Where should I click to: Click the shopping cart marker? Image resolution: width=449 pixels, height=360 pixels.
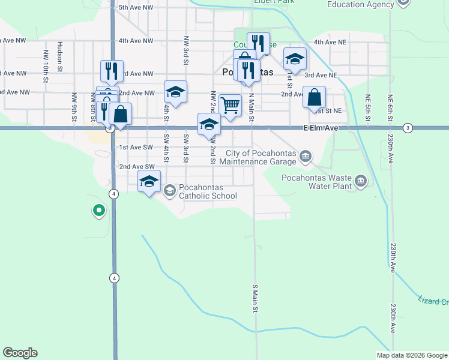[x=230, y=105]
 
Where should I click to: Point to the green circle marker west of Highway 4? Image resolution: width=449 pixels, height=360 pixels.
[x=98, y=211]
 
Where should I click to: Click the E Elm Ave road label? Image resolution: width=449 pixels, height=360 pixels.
[x=321, y=128]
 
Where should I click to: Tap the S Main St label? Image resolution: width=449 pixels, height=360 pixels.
[x=255, y=298]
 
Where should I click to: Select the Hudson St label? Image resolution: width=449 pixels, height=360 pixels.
[x=60, y=56]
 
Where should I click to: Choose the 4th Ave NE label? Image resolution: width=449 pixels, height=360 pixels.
[x=331, y=43]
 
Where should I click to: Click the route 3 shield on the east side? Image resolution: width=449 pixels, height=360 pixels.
[x=408, y=128]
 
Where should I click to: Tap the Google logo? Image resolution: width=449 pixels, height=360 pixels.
[x=20, y=353]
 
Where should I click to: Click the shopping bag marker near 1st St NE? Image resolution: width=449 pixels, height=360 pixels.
[x=314, y=97]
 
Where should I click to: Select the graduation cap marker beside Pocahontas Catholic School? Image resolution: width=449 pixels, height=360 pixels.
[x=149, y=181]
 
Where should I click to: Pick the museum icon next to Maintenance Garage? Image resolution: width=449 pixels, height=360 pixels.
[x=306, y=157]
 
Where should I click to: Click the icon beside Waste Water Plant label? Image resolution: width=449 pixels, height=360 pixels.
[x=360, y=180]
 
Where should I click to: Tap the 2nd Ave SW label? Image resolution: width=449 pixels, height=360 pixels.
[x=137, y=166]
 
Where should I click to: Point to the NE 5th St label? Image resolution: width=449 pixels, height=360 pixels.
[x=369, y=107]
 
